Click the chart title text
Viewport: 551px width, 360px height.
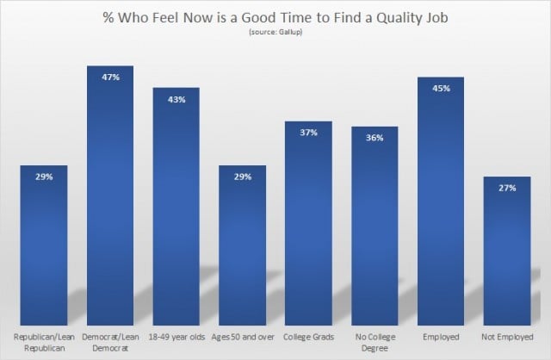click(275, 18)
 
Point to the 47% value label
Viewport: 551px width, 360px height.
click(110, 78)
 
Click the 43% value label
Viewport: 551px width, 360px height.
click(176, 99)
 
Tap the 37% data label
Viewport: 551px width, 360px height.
click(309, 133)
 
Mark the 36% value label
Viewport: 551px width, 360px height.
click(375, 138)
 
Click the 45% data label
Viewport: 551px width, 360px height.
click(441, 88)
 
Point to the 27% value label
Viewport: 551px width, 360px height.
click(507, 188)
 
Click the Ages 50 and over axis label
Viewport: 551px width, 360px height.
click(242, 337)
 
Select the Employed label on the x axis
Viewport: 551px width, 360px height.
click(441, 337)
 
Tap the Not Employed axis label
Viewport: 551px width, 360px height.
click(507, 337)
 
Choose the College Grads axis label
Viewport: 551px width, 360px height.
click(309, 337)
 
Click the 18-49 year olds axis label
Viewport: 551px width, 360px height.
click(176, 337)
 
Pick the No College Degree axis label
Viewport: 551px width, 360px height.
click(375, 342)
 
